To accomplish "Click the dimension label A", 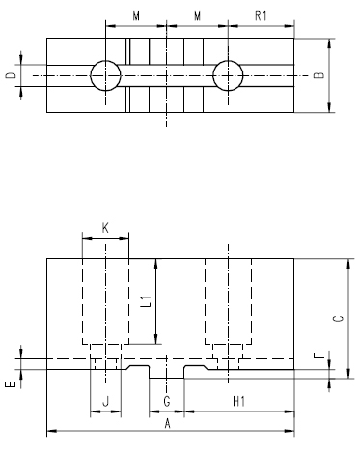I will pyautogui.click(x=167, y=423).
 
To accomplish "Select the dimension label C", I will pyautogui.click(x=336, y=320).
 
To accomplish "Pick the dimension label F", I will pyautogui.click(x=319, y=355).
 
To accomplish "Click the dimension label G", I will pyautogui.click(x=166, y=399).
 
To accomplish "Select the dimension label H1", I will pyautogui.click(x=237, y=399).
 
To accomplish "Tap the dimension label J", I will pyautogui.click(x=105, y=399).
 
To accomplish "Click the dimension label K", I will pyautogui.click(x=105, y=228).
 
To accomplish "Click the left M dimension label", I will pyautogui.click(x=136, y=16).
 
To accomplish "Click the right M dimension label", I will pyautogui.click(x=198, y=16).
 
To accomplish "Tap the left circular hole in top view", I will pyautogui.click(x=105, y=75).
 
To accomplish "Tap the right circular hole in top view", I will pyautogui.click(x=229, y=75).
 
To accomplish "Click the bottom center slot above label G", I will pyautogui.click(x=166, y=373).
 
